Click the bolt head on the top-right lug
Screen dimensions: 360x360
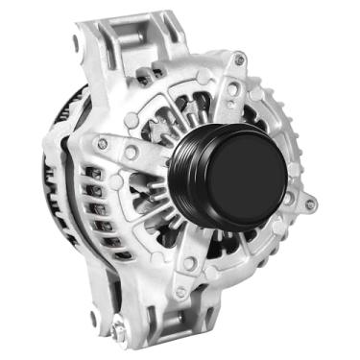click(239, 60)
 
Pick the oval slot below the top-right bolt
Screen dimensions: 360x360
click(233, 89)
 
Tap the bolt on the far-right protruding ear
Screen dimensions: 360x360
click(309, 204)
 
